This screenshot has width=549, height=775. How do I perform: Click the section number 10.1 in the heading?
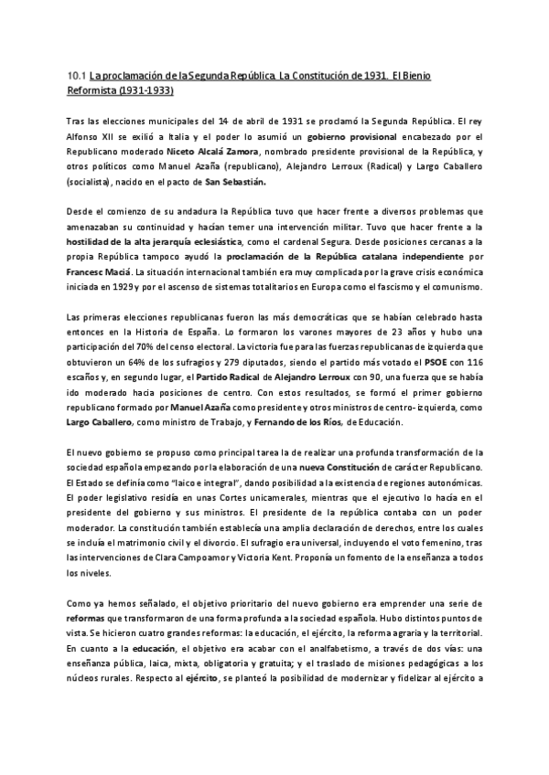click(78, 77)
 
